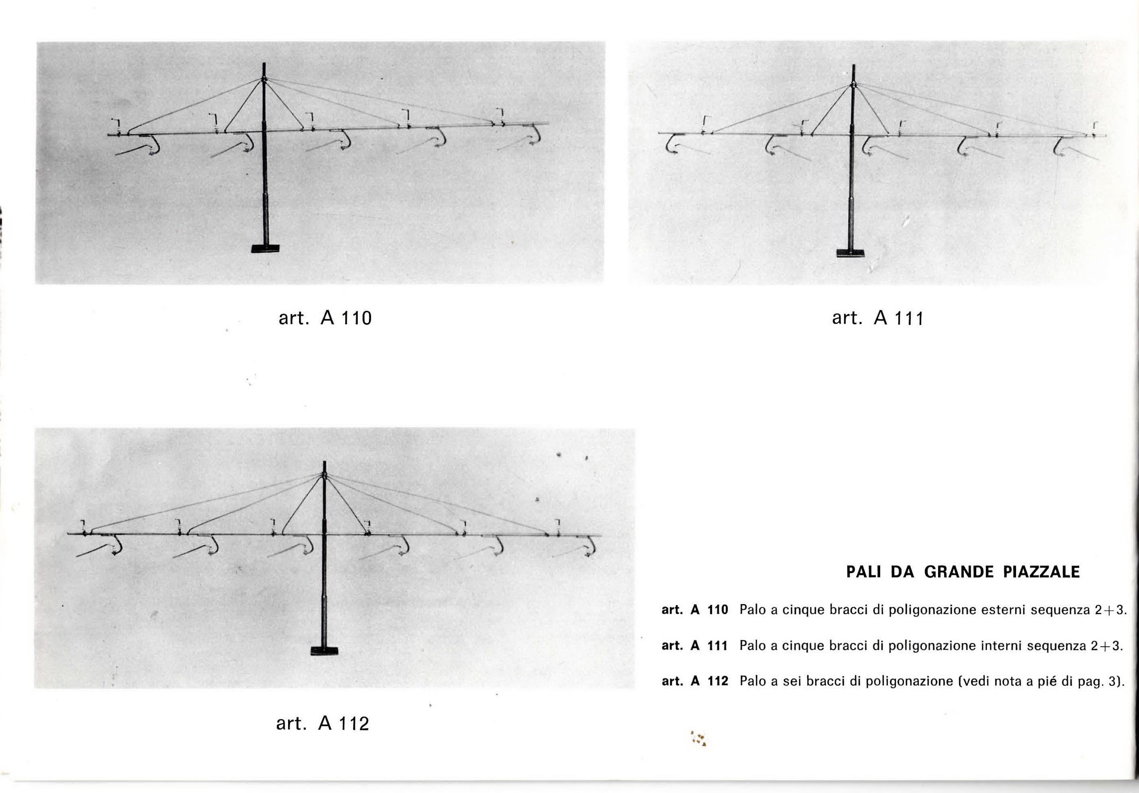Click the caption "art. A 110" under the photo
(325, 318)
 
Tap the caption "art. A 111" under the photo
(878, 318)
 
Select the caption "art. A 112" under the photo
(322, 723)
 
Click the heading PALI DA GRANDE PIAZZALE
(963, 572)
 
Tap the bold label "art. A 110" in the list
(694, 610)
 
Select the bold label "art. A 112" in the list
(694, 681)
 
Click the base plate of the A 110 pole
(265, 249)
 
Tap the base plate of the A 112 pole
(324, 651)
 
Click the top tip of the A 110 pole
(264, 63)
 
